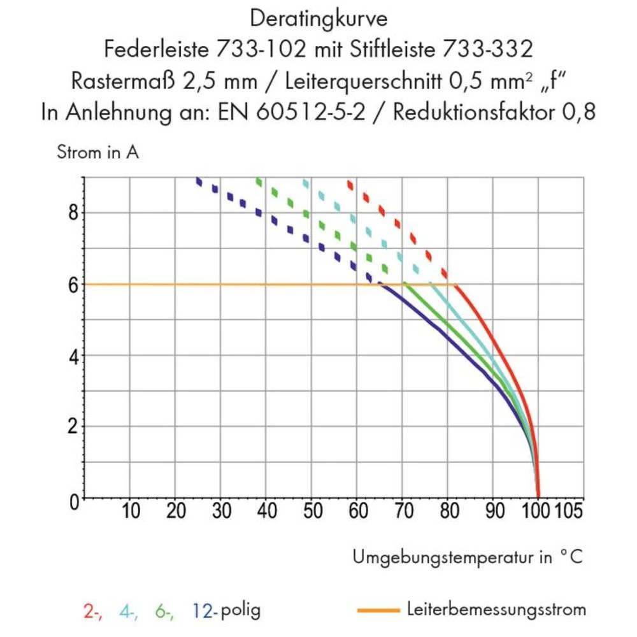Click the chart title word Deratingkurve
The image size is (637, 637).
click(x=318, y=18)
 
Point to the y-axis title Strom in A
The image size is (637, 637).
click(x=97, y=153)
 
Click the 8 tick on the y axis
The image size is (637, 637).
click(x=73, y=212)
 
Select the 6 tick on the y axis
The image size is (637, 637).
click(x=73, y=284)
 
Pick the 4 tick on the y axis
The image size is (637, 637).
click(x=73, y=355)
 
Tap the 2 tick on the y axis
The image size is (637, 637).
click(x=73, y=427)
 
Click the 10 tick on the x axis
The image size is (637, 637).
click(x=131, y=512)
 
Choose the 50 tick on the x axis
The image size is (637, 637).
click(x=312, y=512)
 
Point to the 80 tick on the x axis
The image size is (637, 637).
click(x=448, y=512)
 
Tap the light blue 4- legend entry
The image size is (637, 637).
click(x=128, y=611)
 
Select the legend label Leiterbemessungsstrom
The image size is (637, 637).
click(x=496, y=610)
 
